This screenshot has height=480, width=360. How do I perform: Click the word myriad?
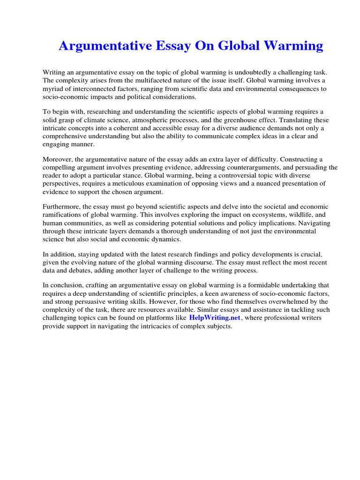tap(54, 89)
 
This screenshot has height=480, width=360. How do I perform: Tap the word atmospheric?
tap(149, 120)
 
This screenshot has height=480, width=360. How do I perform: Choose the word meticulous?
tap(154, 183)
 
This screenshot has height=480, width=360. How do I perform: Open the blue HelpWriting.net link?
tap(215, 318)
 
